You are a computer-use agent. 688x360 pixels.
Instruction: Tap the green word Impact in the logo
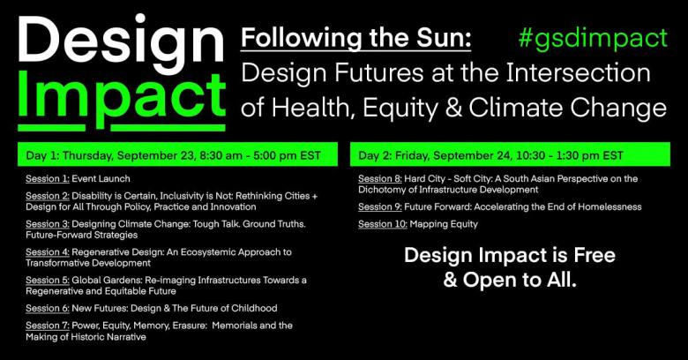122,100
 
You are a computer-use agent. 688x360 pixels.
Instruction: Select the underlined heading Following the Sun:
355,39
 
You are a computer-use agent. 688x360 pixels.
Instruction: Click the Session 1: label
48,179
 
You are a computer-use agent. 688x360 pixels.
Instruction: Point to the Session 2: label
48,196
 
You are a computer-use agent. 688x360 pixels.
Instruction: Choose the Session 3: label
48,224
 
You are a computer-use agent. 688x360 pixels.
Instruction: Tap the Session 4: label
48,252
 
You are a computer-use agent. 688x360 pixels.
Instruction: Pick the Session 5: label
48,280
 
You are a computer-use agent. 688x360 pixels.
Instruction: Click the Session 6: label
48,308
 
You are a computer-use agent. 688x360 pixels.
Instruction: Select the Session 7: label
48,326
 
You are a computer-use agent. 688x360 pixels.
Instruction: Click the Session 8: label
380,179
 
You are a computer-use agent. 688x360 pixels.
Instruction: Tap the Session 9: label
380,206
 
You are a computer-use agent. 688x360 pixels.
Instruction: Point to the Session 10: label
383,224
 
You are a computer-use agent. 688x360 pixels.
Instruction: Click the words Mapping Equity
444,224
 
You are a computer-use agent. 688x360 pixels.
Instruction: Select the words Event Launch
101,179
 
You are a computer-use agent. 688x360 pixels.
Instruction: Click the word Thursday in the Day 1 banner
86,156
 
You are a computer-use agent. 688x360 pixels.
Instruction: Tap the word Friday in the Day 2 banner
412,156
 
